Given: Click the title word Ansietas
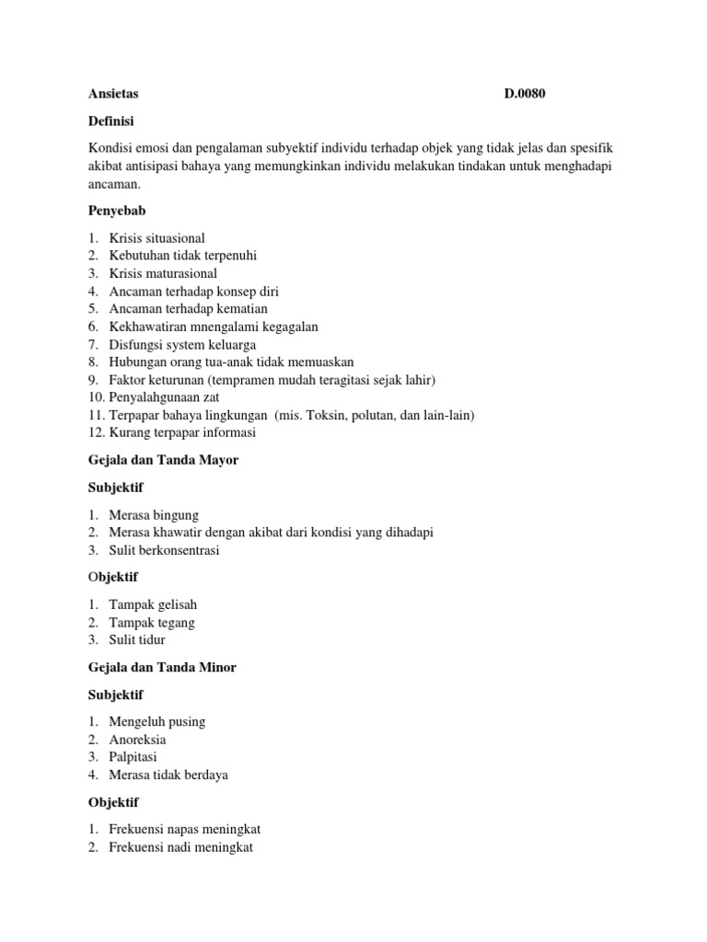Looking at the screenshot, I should [113, 94].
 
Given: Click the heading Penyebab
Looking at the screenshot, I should [117, 211].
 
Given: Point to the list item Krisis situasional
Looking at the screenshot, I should [156, 238].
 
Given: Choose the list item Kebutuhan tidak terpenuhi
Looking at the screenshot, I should [182, 256].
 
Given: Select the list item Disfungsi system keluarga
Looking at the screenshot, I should [178, 344].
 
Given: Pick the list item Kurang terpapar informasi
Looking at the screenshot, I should [182, 432].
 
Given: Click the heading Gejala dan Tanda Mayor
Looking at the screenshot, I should [163, 460].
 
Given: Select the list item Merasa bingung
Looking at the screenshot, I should [154, 515].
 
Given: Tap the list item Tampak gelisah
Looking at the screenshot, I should [153, 605].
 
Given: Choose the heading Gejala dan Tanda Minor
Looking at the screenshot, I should [162, 667].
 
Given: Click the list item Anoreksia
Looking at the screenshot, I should [137, 740].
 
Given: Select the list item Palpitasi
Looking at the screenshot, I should [134, 757].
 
